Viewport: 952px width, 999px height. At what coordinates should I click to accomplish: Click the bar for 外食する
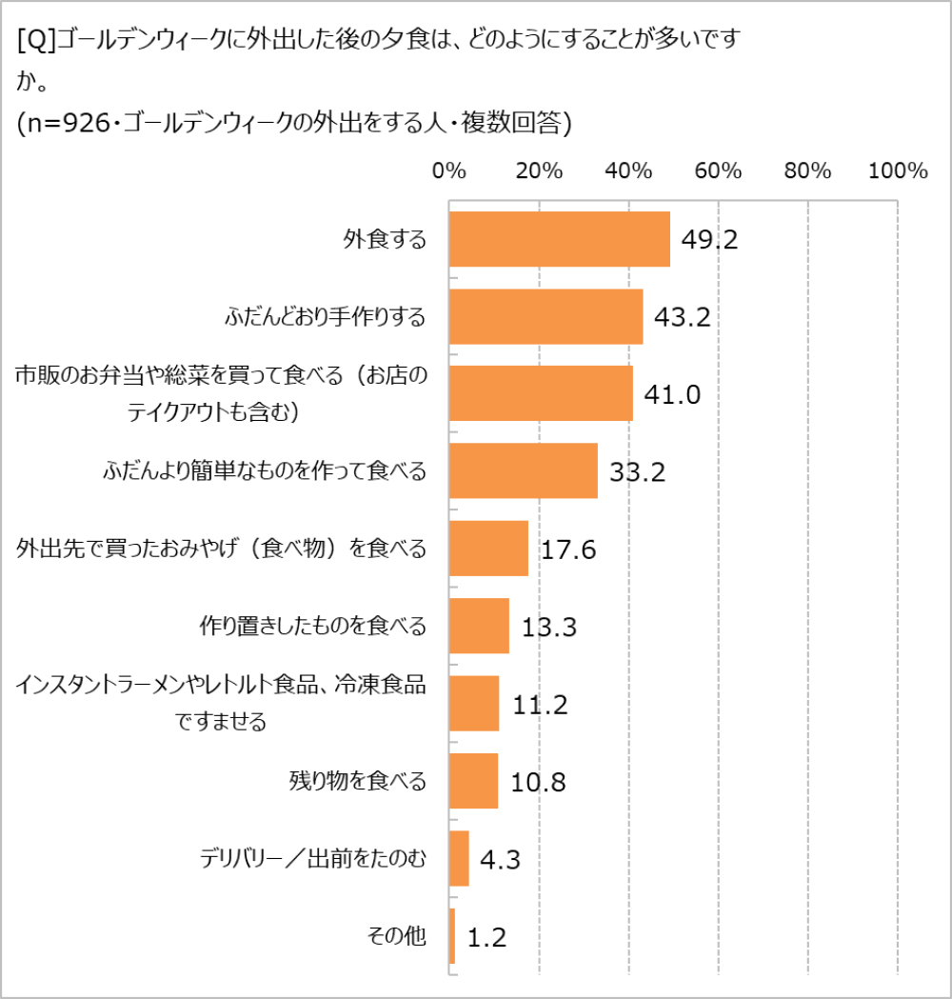click(x=559, y=239)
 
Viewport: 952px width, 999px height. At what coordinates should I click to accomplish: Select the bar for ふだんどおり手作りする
click(x=545, y=316)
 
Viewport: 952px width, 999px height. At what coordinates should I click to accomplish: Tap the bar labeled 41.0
click(x=541, y=393)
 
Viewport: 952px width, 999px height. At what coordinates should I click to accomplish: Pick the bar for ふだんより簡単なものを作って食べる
click(x=523, y=470)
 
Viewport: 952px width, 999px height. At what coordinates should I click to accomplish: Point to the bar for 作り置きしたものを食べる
click(x=478, y=626)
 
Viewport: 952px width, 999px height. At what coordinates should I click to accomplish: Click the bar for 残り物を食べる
click(x=473, y=781)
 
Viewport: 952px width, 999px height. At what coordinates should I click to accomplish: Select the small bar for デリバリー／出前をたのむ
click(x=458, y=858)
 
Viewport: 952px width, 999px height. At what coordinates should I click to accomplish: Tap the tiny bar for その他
click(x=451, y=936)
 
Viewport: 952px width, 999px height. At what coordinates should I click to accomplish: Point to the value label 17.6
click(x=568, y=549)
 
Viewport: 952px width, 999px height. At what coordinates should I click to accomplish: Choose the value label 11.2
click(x=540, y=705)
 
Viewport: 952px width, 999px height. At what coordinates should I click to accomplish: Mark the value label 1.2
click(x=486, y=937)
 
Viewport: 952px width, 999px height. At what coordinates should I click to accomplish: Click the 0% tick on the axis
click(x=448, y=171)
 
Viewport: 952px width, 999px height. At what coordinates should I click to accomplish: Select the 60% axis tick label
click(x=718, y=171)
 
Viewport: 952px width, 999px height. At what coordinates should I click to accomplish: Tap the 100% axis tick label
click(x=897, y=171)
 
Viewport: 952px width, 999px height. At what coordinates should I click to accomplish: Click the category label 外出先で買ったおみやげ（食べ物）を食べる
click(x=221, y=549)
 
